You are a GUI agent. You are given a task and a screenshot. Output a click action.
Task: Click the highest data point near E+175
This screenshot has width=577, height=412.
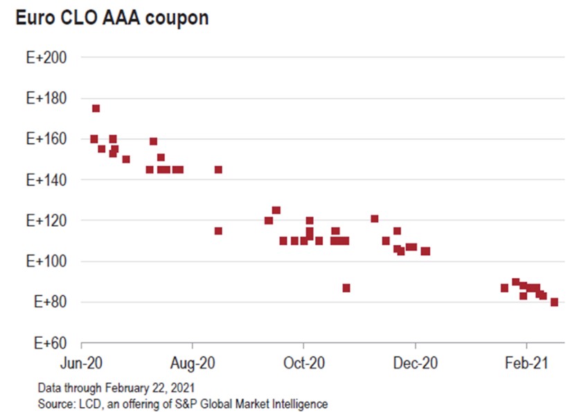(96, 108)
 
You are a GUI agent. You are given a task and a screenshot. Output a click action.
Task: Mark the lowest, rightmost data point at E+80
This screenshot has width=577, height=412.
(554, 302)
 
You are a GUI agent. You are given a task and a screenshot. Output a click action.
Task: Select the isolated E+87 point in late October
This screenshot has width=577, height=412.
(346, 288)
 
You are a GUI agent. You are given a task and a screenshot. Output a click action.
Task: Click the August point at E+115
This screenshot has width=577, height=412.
(218, 231)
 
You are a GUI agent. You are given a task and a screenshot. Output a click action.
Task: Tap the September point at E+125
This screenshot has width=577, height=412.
(276, 210)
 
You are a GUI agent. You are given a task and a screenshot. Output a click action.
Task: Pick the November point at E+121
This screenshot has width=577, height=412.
(375, 218)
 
